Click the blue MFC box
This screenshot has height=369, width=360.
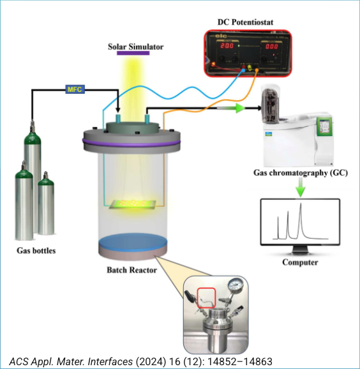75,89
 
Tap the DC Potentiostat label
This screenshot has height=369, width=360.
245,22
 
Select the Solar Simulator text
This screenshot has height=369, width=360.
135,47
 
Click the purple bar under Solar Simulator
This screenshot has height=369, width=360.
133,53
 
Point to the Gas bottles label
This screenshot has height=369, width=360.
36,250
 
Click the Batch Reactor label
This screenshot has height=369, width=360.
131,269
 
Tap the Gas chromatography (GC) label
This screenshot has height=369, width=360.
301,173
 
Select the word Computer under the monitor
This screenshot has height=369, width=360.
300,262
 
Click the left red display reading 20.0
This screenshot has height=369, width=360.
227,46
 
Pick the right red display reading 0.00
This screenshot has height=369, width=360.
271,46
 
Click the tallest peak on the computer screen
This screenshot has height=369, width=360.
301,204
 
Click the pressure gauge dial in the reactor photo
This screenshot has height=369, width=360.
236,285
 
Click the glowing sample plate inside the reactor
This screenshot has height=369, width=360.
133,204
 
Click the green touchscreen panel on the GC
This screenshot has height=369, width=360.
325,126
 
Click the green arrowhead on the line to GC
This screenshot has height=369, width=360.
241,109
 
